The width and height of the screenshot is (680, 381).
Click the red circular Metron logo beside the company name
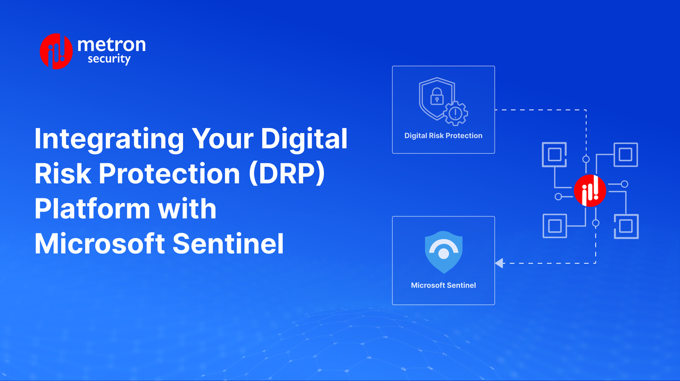pos(56,52)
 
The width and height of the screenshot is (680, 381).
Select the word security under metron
pos(109,59)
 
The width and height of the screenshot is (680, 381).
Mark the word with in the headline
pos(187,209)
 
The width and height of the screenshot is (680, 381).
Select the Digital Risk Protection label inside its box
pos(443,136)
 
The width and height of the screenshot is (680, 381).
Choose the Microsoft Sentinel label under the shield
pos(443,285)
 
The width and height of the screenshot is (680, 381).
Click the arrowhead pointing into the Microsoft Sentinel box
pos(499,263)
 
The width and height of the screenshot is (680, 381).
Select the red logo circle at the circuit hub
pos(590,190)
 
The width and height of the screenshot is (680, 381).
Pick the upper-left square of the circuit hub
pos(554,155)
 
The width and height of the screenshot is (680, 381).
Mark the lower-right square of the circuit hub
pos(626,226)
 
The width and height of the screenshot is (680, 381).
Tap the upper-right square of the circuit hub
pos(626,155)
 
